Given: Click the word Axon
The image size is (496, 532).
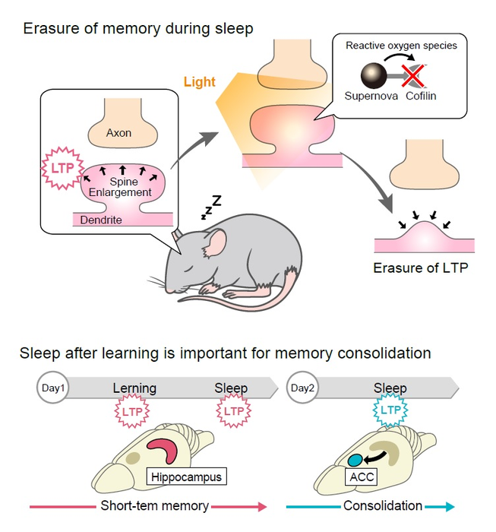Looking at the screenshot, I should tap(118, 132).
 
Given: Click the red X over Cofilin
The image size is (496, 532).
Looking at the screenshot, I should tap(413, 74).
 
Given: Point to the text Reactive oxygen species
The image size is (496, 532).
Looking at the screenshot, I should tap(401, 46).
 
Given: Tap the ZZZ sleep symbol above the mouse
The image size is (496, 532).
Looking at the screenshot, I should tap(211, 207).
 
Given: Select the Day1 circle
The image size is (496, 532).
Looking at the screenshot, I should tap(52, 388).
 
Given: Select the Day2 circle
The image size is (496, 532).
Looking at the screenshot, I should tap(302, 388).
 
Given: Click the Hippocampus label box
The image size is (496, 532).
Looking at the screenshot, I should tap(187, 477).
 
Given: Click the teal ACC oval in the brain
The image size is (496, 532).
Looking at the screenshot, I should tap(355, 459).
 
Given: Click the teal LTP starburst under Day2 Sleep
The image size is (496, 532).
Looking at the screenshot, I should tap(390, 411).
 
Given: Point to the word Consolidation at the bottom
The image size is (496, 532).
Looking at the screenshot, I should tap(383, 505).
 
